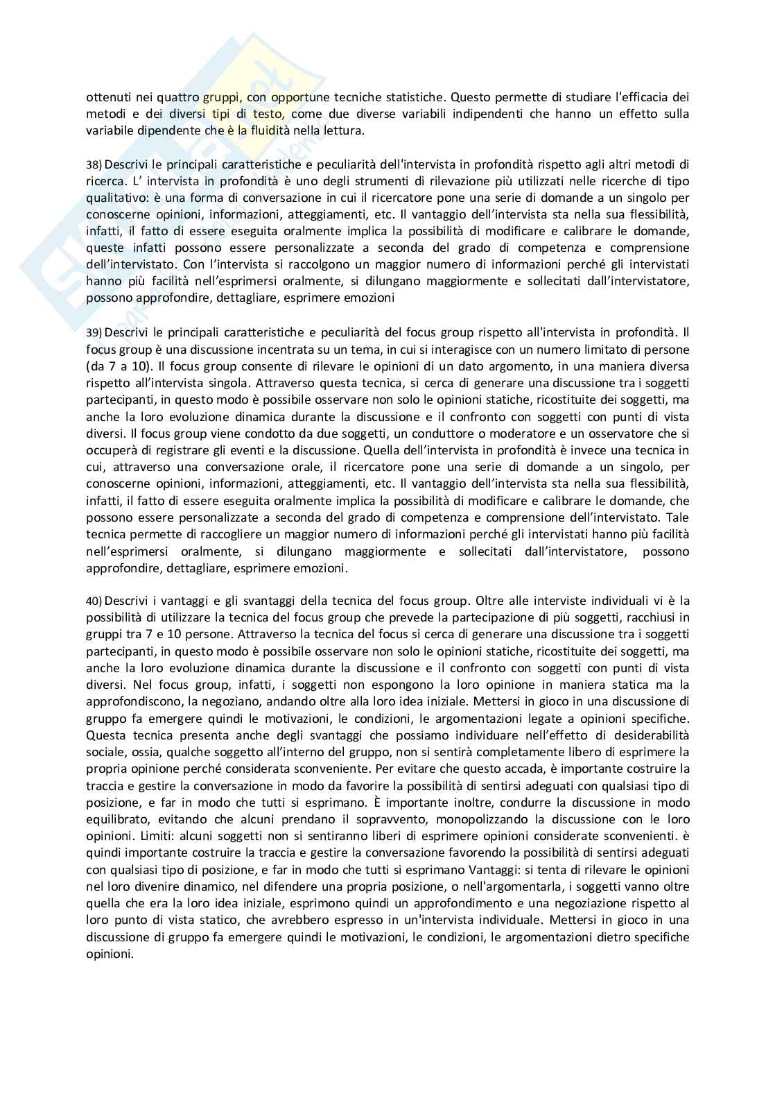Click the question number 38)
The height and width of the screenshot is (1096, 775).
click(x=94, y=164)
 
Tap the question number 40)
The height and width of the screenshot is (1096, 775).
click(x=94, y=601)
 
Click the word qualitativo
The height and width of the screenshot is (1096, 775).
click(x=116, y=197)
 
